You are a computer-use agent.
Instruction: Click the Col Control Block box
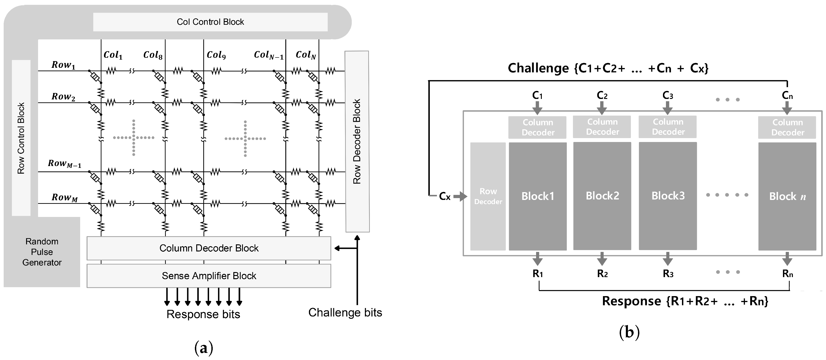tap(210, 22)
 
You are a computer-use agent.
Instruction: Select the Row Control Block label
tap(21, 138)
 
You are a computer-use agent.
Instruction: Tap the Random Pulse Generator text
tap(42, 252)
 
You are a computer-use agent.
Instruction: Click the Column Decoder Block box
tap(209, 248)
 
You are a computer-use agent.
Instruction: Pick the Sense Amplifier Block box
tap(209, 276)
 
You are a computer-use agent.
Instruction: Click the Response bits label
tap(203, 314)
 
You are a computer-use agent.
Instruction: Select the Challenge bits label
tap(345, 313)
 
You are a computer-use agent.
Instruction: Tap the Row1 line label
tap(63, 65)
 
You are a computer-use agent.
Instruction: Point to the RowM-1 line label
tap(64, 164)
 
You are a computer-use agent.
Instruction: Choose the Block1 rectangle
tap(538, 196)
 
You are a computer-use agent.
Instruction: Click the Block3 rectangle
tap(668, 196)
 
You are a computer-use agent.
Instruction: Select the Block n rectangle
tap(787, 196)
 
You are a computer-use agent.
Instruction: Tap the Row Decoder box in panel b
tap(488, 196)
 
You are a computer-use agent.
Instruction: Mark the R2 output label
tap(602, 273)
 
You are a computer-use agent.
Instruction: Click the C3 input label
tap(668, 95)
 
